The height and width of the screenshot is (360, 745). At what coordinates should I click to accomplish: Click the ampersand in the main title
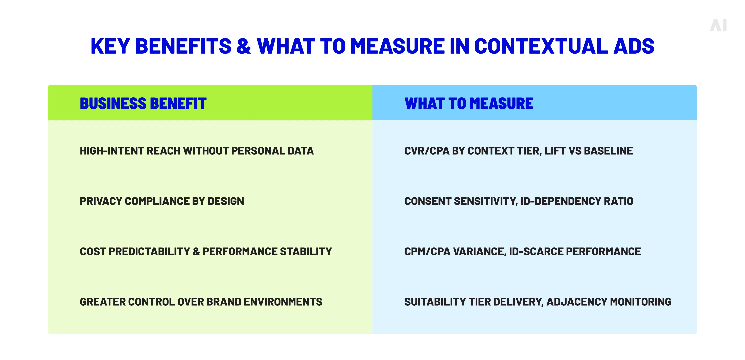244,46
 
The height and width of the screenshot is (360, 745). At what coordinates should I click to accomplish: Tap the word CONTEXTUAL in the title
541,46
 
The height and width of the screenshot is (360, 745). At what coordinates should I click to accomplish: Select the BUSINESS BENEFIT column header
143,104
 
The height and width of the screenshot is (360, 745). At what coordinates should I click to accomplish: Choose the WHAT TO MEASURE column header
469,104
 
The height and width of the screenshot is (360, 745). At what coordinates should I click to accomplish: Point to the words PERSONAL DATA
272,151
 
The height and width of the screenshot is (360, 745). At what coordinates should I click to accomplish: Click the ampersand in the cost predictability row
196,252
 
